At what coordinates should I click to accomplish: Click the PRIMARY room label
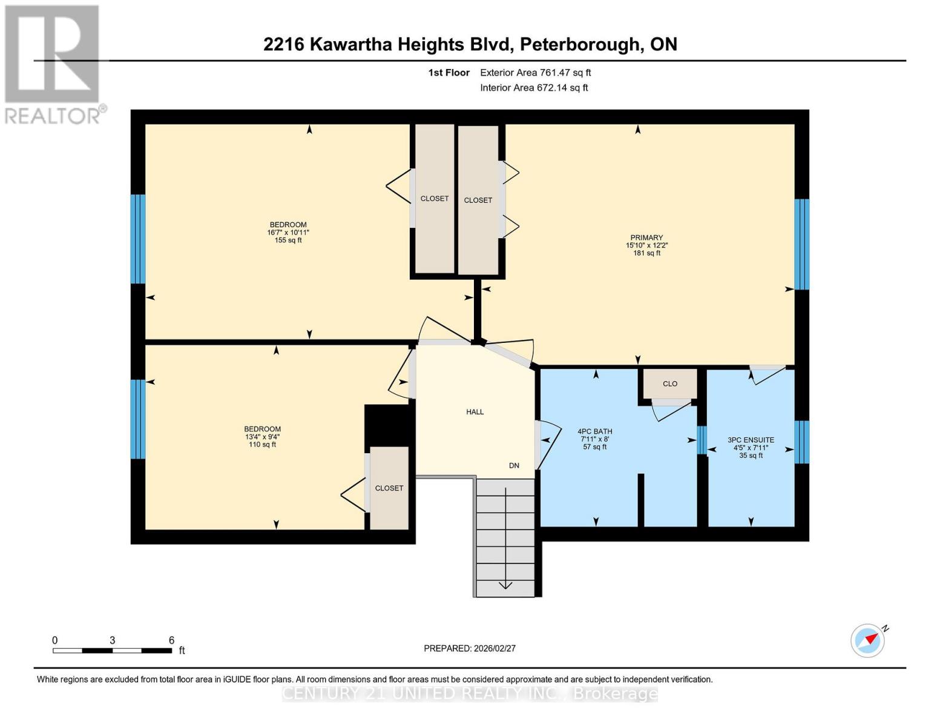coord(646,237)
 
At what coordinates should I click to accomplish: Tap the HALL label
coord(475,412)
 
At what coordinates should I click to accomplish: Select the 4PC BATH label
coord(595,431)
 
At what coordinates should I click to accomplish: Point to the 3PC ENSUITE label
coord(751,440)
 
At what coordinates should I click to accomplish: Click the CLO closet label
coord(669,383)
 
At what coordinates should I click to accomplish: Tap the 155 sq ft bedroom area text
coord(288,241)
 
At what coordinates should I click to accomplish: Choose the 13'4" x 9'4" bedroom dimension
coord(262,437)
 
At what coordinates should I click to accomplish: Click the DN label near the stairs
coord(514,465)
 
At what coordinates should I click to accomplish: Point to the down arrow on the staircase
coord(505,585)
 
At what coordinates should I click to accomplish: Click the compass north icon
coord(868,640)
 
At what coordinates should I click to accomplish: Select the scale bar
coord(112,651)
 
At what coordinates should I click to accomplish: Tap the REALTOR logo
coord(53,64)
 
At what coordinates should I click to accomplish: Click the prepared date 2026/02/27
coord(469,648)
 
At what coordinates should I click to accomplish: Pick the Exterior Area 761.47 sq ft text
coord(535,73)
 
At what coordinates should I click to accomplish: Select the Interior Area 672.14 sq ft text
coord(534,88)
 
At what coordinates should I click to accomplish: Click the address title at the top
coord(470,44)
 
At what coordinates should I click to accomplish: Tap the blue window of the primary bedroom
coord(801,244)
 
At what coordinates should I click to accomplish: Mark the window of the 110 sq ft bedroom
coord(138,419)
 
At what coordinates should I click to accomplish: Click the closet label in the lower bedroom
coord(389,488)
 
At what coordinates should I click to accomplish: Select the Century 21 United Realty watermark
coord(470,693)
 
